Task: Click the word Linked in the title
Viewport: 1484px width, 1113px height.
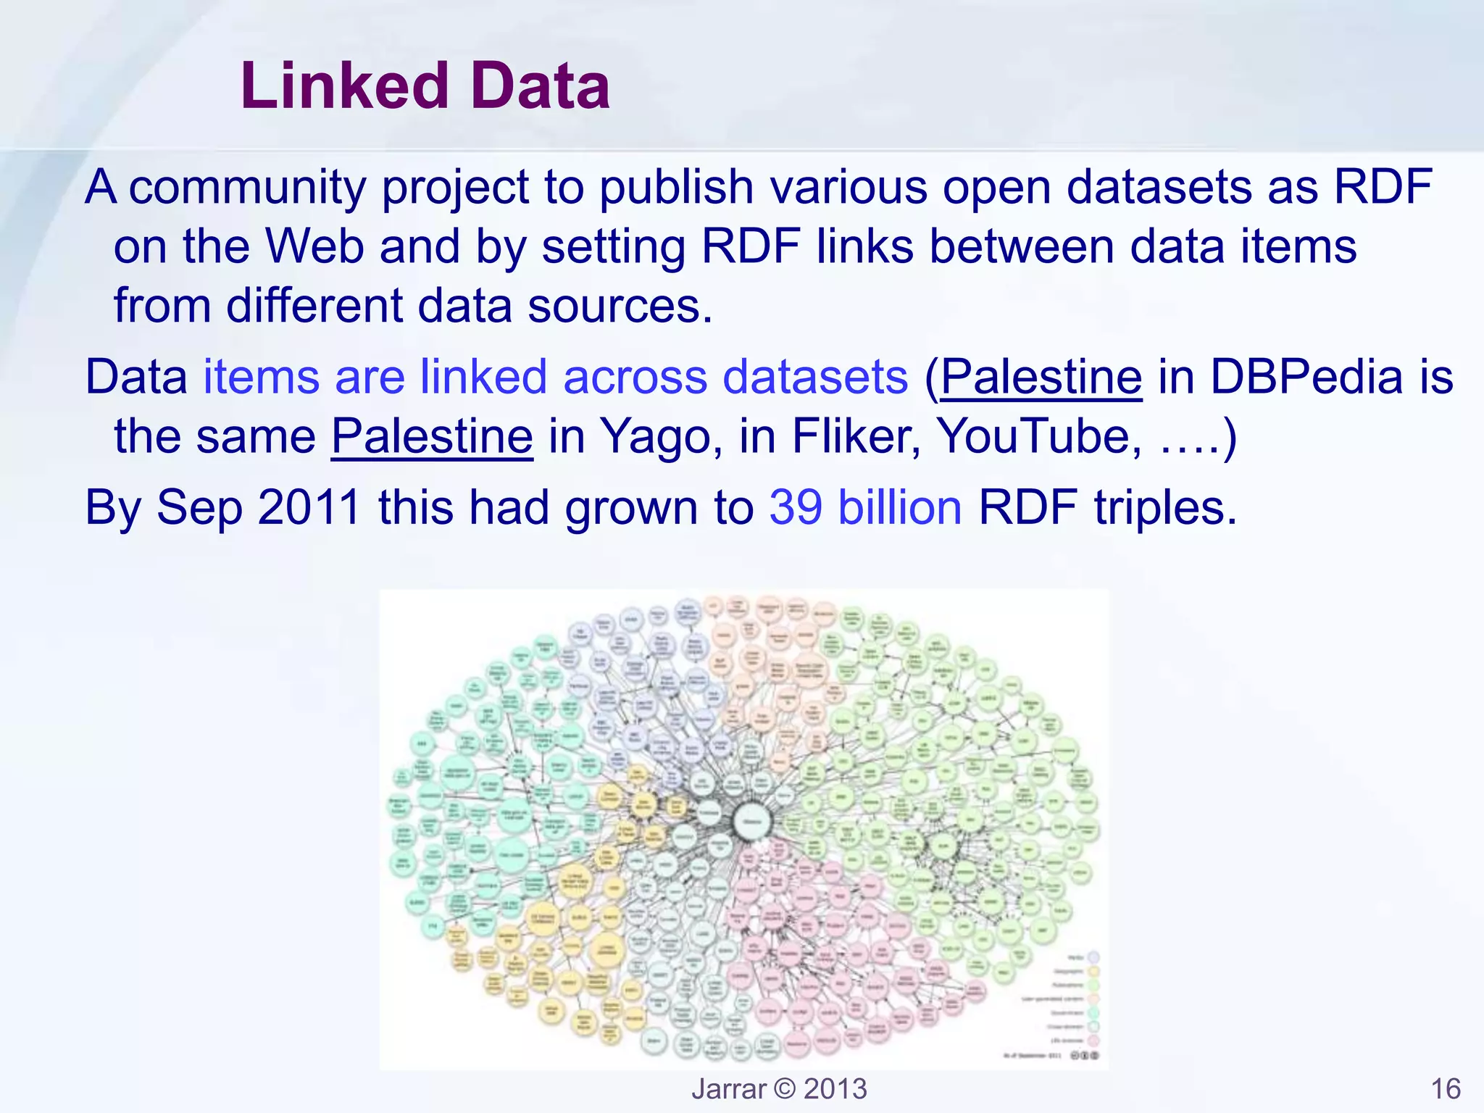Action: coord(345,86)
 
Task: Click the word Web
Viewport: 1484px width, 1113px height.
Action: coord(315,246)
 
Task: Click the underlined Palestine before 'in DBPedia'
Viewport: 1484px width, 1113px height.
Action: coord(1041,377)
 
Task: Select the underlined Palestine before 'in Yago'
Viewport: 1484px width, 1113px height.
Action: coord(432,436)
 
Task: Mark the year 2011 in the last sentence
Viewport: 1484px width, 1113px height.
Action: coord(309,507)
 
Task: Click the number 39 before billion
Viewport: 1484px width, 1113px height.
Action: coord(796,507)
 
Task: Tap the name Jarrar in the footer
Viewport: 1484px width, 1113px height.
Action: coord(728,1089)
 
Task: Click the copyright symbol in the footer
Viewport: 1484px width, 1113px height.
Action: coord(785,1089)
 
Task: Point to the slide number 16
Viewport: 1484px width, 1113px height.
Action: coord(1446,1089)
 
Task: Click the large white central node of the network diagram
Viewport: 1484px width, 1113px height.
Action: coord(752,821)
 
